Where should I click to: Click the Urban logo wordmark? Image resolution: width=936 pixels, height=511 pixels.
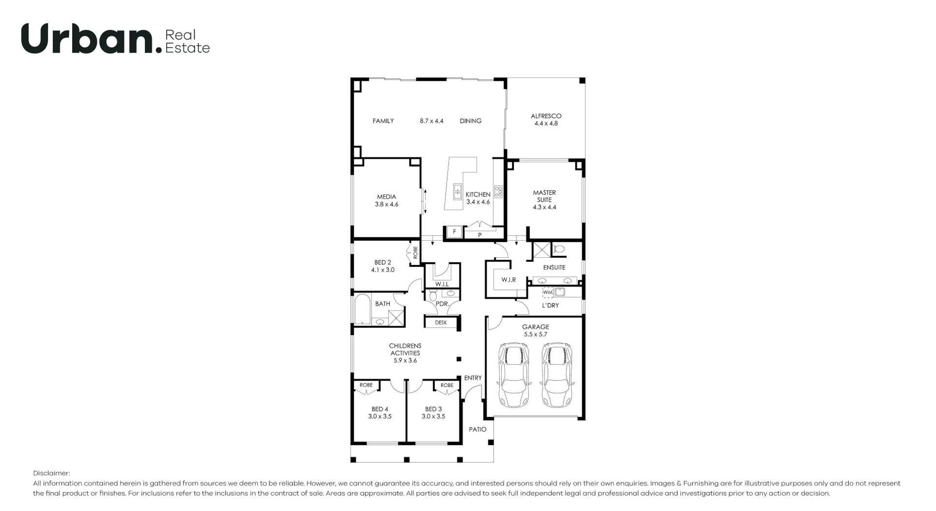(x=88, y=39)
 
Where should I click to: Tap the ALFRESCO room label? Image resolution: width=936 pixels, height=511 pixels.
(x=546, y=116)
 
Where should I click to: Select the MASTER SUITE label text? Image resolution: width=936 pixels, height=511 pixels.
(x=544, y=196)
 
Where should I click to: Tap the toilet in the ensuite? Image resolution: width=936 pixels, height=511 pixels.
(x=559, y=249)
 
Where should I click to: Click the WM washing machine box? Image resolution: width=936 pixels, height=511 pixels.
(x=548, y=292)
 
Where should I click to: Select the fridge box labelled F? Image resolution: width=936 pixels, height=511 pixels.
(x=454, y=232)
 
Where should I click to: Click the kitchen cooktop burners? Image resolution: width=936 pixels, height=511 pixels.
(x=498, y=191)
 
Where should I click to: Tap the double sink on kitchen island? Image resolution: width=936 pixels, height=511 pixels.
(x=458, y=191)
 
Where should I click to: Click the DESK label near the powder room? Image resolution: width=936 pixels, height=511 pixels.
(x=441, y=322)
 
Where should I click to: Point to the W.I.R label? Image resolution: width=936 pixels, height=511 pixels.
(x=508, y=280)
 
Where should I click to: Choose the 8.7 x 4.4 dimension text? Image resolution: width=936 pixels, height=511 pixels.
(x=431, y=121)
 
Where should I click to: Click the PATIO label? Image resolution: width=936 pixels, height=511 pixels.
(x=477, y=429)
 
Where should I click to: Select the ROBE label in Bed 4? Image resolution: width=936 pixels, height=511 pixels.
(x=366, y=385)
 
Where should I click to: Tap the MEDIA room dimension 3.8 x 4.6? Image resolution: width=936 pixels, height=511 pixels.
(x=387, y=204)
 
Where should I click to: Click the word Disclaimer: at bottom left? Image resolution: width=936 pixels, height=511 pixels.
(x=52, y=473)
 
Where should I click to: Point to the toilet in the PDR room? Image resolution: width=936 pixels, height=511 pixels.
(x=432, y=295)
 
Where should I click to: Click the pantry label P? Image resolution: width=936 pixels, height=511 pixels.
(x=480, y=235)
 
